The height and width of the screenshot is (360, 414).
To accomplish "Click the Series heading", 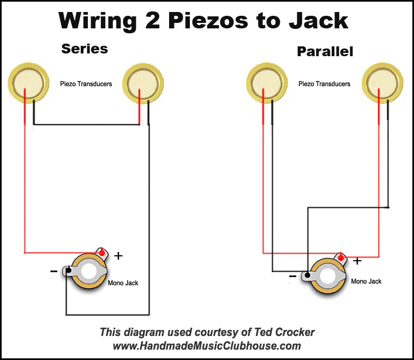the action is (85, 49).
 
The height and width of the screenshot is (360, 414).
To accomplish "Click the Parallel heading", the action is (325, 51).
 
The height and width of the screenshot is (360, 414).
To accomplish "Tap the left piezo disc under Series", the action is (28, 83).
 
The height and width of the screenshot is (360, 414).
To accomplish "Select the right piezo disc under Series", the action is (143, 83).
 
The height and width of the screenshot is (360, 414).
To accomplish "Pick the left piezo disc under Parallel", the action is (267, 83).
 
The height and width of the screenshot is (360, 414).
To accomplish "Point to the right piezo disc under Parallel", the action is (382, 83).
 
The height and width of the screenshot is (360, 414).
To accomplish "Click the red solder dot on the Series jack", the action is (101, 253).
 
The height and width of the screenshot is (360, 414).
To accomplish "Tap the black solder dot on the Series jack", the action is (68, 270).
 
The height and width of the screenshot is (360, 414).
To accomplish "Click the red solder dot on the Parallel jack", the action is (341, 258).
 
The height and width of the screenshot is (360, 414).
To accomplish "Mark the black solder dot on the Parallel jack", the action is (307, 275).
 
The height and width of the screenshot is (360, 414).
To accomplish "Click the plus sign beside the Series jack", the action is (118, 256).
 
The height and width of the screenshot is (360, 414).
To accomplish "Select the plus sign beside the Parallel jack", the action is (357, 261).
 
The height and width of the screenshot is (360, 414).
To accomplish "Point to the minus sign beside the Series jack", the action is (53, 271).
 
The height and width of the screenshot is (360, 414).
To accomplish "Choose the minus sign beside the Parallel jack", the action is (292, 277).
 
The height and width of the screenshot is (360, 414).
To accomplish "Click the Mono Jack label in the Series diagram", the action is (123, 283).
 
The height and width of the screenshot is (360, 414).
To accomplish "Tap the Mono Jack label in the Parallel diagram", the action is (366, 281).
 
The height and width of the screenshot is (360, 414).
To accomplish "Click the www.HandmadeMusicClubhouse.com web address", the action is (207, 346).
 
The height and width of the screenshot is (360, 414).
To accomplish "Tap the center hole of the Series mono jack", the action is (89, 272).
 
